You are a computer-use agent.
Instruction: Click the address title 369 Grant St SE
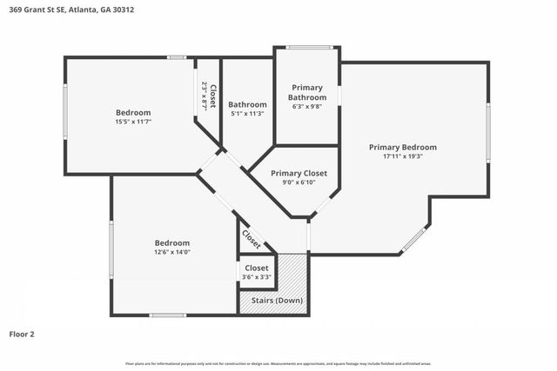tap(73, 10)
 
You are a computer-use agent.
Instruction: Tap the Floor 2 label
tap(22, 334)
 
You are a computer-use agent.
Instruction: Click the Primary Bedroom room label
tap(402, 147)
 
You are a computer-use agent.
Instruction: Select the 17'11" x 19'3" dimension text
tap(402, 157)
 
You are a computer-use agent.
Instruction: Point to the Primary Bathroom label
tap(307, 92)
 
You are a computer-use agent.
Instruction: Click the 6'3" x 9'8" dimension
tap(307, 107)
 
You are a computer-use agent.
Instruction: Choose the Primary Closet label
tap(299, 174)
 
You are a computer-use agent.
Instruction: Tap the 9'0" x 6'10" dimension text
tap(299, 183)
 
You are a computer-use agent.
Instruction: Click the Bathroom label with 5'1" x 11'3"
tap(247, 104)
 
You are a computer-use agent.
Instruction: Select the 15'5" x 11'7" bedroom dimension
tap(133, 123)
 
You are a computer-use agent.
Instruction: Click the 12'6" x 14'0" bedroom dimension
tap(171, 253)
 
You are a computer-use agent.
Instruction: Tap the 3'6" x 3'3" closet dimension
tap(257, 278)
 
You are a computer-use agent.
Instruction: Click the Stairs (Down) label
tap(277, 300)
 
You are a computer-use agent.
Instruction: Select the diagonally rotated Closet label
tap(251, 236)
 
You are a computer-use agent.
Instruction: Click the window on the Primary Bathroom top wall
tap(306, 47)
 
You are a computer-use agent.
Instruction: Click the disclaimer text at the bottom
tap(278, 363)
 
